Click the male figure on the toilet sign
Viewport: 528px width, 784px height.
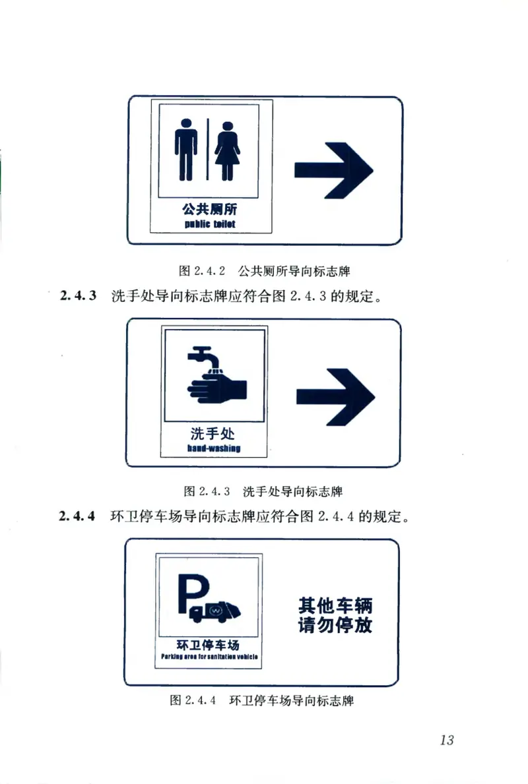185,150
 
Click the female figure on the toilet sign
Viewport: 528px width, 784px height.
228,151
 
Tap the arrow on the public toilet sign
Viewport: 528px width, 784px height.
333,169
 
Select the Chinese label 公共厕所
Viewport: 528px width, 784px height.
209,210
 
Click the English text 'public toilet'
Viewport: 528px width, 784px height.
209,225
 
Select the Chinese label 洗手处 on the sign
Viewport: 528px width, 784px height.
213,434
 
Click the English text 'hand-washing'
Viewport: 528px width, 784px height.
213,448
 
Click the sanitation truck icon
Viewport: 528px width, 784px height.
215,612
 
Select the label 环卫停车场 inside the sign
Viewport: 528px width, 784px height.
208,644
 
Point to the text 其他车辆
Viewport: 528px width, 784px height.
335,605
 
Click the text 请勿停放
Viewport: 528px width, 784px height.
335,624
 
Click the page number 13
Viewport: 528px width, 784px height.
446,740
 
